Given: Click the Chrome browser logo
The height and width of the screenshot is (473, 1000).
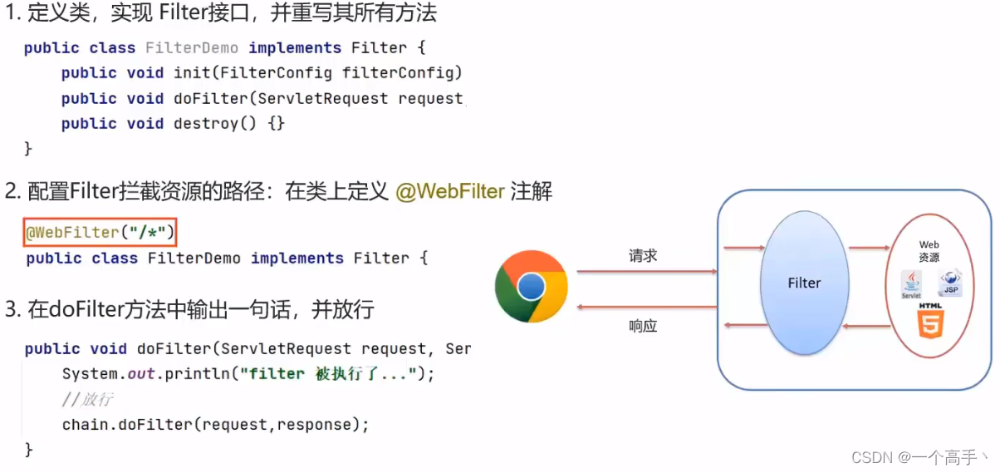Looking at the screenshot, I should [532, 287].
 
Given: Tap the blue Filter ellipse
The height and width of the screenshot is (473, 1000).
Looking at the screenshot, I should [804, 283].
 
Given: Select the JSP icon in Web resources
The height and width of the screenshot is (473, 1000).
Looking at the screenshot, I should [950, 283].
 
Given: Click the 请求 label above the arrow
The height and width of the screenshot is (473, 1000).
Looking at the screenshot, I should [643, 256].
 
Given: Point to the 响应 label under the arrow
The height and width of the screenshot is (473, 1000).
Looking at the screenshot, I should [643, 327].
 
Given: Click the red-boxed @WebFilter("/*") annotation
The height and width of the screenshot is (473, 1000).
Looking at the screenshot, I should [100, 232].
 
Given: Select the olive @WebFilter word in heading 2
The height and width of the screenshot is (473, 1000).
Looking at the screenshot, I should [450, 192].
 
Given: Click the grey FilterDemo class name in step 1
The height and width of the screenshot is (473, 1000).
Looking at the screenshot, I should [192, 48].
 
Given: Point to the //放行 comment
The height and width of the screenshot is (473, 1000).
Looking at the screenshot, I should [87, 400].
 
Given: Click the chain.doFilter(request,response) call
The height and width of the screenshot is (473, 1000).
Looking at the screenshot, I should [215, 425].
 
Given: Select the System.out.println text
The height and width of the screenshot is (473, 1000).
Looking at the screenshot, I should [146, 374].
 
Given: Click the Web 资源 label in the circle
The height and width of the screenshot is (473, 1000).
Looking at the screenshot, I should [929, 251].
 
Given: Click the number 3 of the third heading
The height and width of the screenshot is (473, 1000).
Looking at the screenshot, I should [12, 310].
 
